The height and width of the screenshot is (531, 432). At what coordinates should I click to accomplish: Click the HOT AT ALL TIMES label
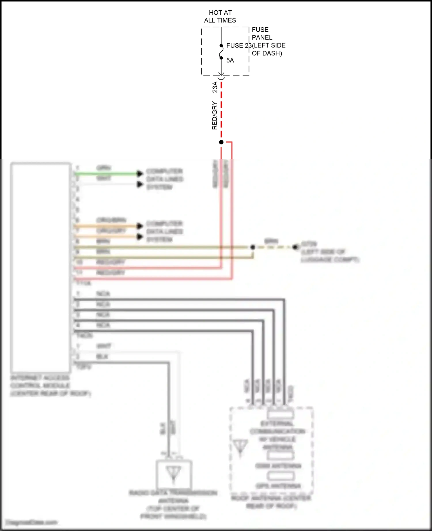click(220, 16)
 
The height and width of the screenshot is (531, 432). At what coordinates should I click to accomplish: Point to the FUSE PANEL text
click(262, 33)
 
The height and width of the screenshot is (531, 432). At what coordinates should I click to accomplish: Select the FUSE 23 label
click(238, 45)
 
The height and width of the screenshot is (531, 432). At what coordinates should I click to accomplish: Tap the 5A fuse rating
click(230, 60)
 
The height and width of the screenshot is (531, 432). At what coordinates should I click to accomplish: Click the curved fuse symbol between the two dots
click(221, 52)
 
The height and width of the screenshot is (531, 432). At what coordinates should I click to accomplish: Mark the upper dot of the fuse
click(221, 46)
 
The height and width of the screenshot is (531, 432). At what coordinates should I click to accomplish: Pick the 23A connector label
click(215, 87)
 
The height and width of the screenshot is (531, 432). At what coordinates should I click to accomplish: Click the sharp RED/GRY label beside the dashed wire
click(215, 115)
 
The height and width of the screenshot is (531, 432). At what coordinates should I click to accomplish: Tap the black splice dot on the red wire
click(221, 142)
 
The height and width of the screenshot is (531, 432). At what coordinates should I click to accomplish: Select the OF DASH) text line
click(267, 53)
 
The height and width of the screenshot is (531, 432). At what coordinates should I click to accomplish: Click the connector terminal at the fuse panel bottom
click(221, 77)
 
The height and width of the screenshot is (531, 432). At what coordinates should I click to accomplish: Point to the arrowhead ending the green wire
click(140, 173)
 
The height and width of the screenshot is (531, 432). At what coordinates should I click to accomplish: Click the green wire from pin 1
click(107, 174)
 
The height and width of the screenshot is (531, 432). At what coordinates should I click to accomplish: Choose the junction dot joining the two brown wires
click(253, 247)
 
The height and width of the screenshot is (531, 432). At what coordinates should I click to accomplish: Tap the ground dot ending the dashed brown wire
click(295, 247)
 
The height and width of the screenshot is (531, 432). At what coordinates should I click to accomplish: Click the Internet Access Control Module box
click(41, 268)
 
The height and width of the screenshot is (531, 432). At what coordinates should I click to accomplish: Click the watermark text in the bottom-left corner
click(32, 522)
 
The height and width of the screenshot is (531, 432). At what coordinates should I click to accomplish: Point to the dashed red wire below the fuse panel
click(221, 109)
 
